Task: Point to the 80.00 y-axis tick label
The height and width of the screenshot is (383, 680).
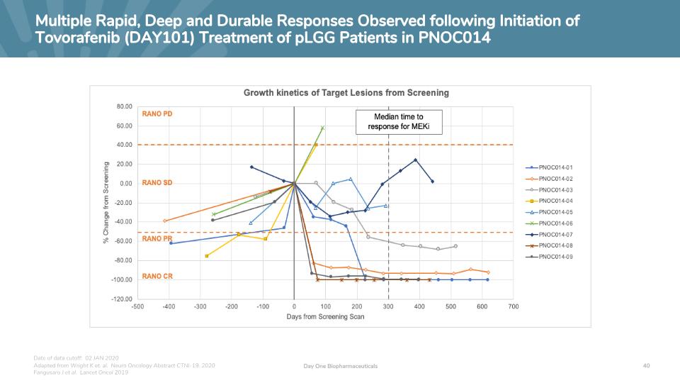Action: pyautogui.click(x=123, y=106)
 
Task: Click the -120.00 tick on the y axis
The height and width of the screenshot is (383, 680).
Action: pyautogui.click(x=120, y=299)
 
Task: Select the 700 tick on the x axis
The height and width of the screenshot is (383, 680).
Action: pyautogui.click(x=513, y=307)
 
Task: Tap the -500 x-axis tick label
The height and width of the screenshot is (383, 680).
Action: pyautogui.click(x=138, y=307)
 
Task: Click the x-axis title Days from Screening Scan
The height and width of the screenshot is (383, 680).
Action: pyautogui.click(x=325, y=317)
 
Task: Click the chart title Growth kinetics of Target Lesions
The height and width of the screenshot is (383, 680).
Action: pyautogui.click(x=346, y=93)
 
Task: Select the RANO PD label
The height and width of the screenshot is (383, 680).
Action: pyautogui.click(x=157, y=114)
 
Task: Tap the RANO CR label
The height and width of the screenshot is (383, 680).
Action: pyautogui.click(x=157, y=277)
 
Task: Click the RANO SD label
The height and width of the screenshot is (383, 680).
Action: pyautogui.click(x=157, y=183)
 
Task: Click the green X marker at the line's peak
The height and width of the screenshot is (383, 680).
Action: pyautogui.click(x=322, y=128)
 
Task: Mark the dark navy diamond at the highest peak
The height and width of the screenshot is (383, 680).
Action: pyautogui.click(x=416, y=160)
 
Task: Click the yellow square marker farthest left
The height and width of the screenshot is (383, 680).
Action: pyautogui.click(x=207, y=256)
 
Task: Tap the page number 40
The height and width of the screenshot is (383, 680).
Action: pyautogui.click(x=646, y=365)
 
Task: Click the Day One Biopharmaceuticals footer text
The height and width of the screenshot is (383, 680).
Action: pyautogui.click(x=340, y=366)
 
